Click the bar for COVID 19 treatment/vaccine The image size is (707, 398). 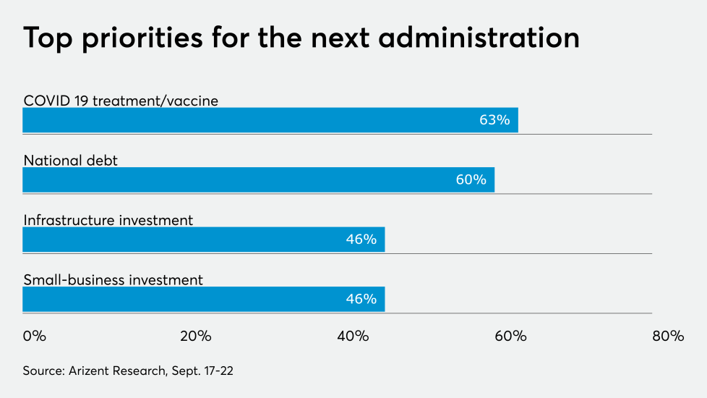[270, 120]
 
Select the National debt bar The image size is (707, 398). [258, 179]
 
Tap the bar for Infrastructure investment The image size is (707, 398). [203, 240]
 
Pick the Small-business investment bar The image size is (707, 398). [203, 299]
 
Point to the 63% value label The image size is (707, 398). [494, 120]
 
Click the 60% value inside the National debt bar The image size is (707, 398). [471, 179]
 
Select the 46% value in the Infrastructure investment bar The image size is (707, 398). [361, 240]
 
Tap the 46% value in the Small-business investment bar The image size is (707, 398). [361, 299]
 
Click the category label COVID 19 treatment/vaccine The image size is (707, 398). [121, 101]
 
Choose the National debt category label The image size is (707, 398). [70, 161]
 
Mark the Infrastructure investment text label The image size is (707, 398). [108, 220]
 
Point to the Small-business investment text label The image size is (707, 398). [113, 279]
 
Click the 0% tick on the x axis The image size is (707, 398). [34, 336]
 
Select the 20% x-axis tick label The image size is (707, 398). [195, 336]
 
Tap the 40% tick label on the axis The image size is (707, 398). [353, 336]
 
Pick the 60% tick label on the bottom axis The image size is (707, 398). [510, 336]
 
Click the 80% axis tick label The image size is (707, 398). [667, 336]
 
